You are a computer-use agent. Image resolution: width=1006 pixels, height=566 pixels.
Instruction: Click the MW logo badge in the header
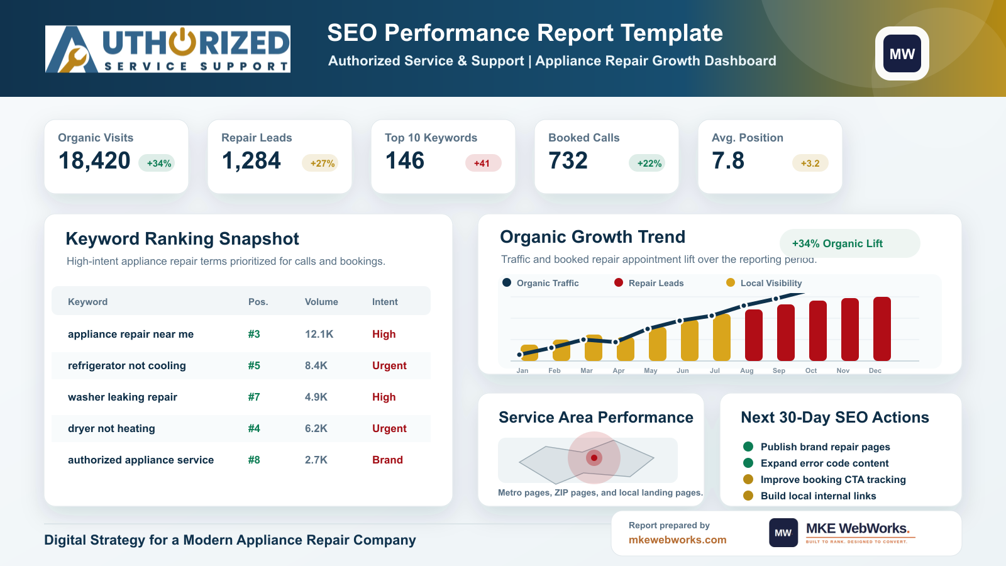pos(902,53)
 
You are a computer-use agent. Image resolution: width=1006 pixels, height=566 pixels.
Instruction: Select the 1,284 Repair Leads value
pos(251,161)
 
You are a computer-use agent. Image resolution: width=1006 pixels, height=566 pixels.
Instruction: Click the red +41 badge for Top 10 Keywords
pos(483,163)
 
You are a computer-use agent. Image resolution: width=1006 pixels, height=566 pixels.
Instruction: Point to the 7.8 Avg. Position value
pos(728,161)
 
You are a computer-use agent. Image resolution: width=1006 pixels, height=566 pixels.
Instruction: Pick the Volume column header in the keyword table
pos(321,302)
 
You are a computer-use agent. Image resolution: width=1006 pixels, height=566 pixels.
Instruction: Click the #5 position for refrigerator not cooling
pos(254,365)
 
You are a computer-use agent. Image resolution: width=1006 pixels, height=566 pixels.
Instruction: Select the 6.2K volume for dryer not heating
pos(316,428)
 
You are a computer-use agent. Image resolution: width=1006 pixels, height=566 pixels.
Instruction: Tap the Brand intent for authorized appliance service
pos(387,460)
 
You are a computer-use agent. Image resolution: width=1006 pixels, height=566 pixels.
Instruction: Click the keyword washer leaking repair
pos(122,397)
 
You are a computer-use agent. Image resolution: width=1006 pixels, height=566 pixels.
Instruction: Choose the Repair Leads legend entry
pos(649,283)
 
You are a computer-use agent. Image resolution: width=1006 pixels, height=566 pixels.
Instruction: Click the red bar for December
pos(882,329)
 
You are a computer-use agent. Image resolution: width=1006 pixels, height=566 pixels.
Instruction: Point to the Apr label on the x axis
pos(619,370)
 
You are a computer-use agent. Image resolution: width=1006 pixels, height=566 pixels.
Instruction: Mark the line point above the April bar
pos(616,342)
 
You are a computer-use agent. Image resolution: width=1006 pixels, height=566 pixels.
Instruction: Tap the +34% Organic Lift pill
pos(849,243)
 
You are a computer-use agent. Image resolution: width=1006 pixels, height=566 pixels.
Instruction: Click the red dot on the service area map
pos(594,458)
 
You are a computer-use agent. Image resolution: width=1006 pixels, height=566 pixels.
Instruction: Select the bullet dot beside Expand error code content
pos(748,463)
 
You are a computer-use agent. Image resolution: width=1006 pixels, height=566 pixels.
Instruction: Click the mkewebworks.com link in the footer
pos(677,540)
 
